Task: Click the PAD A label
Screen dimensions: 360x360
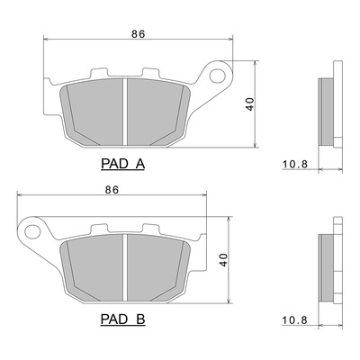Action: coord(122,164)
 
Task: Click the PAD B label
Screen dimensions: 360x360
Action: coord(122,319)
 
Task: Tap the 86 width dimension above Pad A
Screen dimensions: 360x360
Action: coord(139,34)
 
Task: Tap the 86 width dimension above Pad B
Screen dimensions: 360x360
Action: coord(112,190)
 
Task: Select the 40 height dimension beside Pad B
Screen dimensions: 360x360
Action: coord(223,260)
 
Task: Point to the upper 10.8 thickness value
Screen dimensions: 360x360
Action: coord(295,164)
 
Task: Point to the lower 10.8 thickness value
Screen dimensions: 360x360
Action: coord(295,320)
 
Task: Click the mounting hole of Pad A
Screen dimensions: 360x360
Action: coord(218,76)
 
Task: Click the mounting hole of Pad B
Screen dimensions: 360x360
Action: coord(32,231)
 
